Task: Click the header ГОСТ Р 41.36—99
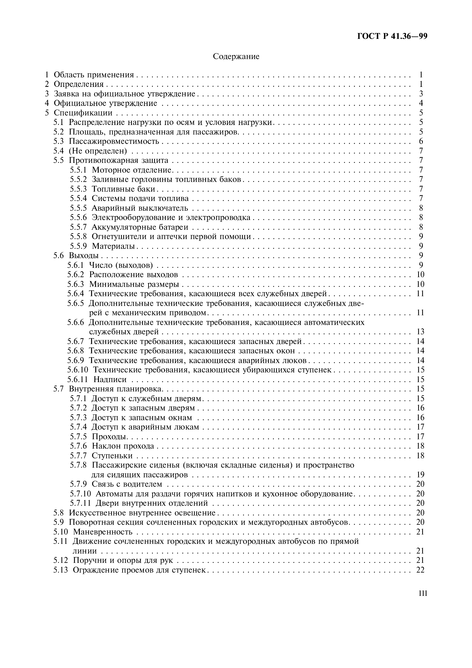tap(392, 36)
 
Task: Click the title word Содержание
tap(236, 56)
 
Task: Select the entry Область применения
tap(94, 75)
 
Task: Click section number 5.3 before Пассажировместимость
tap(58, 141)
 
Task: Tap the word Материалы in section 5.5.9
tap(114, 246)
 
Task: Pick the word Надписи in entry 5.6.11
tap(110, 379)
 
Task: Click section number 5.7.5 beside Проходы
tap(78, 436)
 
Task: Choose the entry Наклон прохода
tap(123, 446)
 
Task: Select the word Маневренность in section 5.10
tap(103, 532)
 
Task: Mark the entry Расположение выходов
tap(133, 275)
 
